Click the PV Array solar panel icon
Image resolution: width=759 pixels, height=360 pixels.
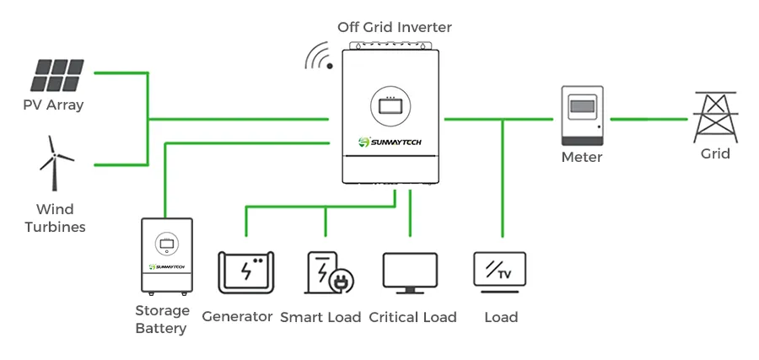(x=58, y=75)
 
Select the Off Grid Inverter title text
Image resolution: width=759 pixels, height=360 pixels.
(x=395, y=27)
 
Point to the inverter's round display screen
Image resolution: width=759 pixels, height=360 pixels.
(x=391, y=106)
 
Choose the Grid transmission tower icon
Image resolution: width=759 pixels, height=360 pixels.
(x=715, y=116)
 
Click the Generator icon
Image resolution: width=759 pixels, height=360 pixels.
(x=245, y=271)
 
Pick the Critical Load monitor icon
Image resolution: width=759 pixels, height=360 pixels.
(x=410, y=272)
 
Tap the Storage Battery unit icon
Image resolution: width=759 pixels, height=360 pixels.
(x=166, y=255)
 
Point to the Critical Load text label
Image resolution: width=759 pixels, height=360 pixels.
(x=412, y=317)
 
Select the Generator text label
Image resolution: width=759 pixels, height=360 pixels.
(x=237, y=316)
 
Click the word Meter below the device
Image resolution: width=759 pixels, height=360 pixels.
(x=582, y=157)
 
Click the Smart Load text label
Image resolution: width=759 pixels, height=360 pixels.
(x=320, y=317)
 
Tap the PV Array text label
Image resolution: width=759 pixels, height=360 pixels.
(x=54, y=105)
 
